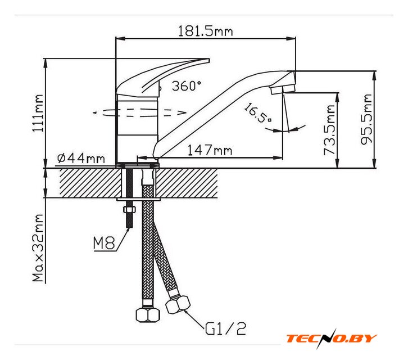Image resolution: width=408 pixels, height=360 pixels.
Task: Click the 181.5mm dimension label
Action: [x=205, y=31]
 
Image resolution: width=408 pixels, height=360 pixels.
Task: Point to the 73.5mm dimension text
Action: [x=330, y=130]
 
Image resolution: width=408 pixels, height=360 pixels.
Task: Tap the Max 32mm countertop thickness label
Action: [x=38, y=248]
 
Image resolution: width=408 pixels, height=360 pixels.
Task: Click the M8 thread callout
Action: [x=104, y=244]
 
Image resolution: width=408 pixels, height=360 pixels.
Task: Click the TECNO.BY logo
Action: [x=331, y=339]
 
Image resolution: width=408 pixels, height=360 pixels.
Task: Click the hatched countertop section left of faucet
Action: [x=81, y=183]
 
